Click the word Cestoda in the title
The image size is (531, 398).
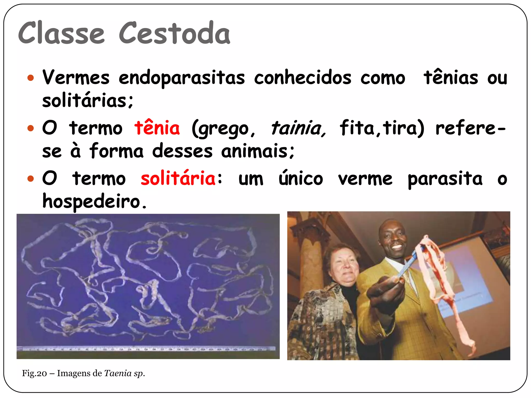(x=174, y=33)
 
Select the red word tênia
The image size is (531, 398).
(x=157, y=128)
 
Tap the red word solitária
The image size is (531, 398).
(x=178, y=179)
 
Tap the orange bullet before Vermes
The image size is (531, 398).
(x=31, y=78)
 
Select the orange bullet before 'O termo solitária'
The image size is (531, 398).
(x=31, y=179)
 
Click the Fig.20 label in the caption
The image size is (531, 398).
(x=34, y=373)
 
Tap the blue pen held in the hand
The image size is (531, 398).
(x=410, y=262)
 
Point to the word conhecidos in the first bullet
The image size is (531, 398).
(x=303, y=78)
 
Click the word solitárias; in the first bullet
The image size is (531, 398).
(x=88, y=101)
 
